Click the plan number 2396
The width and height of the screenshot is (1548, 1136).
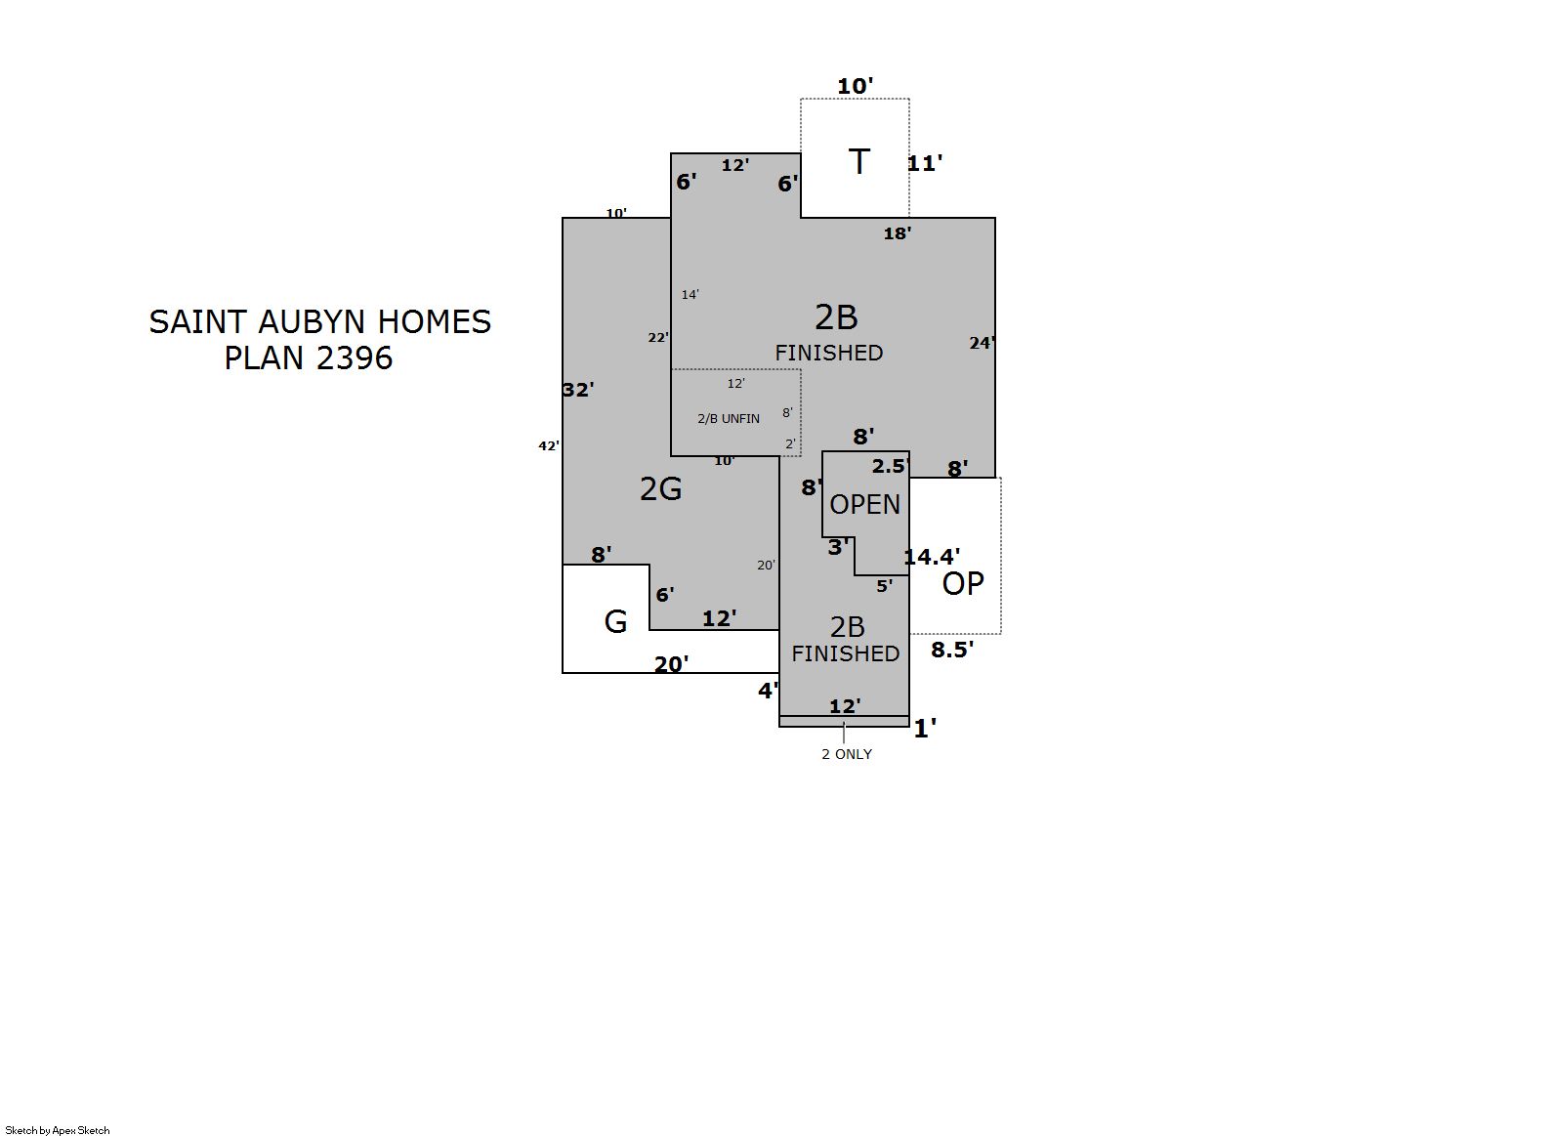(x=355, y=358)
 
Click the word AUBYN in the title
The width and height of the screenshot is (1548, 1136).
(x=312, y=322)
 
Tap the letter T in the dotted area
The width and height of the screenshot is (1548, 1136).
(x=859, y=162)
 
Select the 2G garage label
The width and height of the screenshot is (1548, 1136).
(x=660, y=488)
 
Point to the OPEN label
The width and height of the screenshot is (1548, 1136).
(x=864, y=505)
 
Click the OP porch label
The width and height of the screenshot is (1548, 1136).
(x=963, y=584)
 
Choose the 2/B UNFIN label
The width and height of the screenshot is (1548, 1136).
(x=729, y=419)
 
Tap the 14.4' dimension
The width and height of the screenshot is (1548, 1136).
(x=933, y=556)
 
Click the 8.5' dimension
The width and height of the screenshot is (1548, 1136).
(x=952, y=650)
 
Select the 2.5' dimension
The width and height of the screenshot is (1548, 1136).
(x=890, y=466)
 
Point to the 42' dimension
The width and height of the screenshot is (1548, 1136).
(x=549, y=445)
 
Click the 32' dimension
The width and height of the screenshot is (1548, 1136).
(x=578, y=390)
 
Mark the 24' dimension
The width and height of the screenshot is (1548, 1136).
(x=982, y=343)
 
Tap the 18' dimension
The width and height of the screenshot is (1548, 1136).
(x=897, y=233)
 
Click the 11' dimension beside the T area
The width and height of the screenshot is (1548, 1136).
(x=925, y=164)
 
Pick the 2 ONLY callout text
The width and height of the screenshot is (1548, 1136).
(x=847, y=754)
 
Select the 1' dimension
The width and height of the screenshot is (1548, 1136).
(x=925, y=729)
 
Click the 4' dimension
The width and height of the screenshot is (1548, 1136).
(x=769, y=691)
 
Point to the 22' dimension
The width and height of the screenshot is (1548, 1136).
(x=658, y=337)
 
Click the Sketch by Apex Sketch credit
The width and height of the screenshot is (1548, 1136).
(x=58, y=1130)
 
